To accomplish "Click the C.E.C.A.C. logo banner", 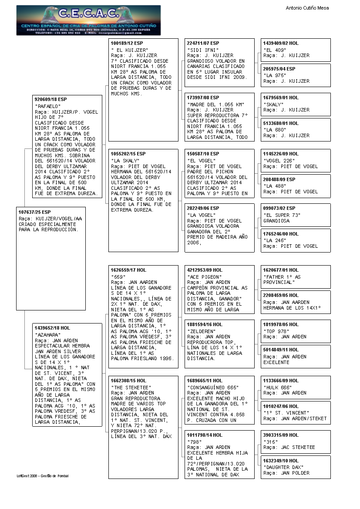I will tap(88, 20).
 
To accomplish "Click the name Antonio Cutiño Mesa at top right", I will tap(307, 8).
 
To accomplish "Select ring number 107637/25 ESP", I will tap(35, 212).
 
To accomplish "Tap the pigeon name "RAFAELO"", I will tap(47, 106).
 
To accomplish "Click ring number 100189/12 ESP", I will tap(127, 44).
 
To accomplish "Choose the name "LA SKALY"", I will tap(124, 161).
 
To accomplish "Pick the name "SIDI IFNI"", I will tap(200, 50).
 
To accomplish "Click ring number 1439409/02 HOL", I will tap(281, 44).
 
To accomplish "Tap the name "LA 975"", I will tap(274, 75).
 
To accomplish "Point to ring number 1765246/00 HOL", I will tap(281, 234).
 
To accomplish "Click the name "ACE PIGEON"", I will tap(204, 276).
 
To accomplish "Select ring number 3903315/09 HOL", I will tap(281, 435).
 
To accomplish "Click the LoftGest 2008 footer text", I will tap(43, 476).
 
